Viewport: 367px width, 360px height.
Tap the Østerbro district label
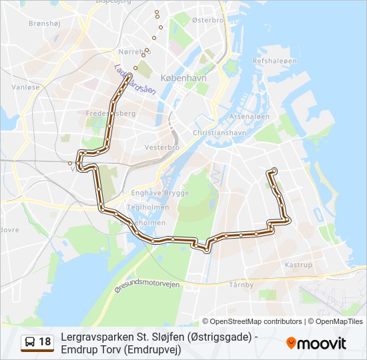click(x=208, y=21)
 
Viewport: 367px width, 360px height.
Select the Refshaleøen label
click(x=274, y=61)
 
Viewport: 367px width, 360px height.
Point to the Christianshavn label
click(x=215, y=133)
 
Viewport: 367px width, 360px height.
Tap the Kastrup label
click(x=298, y=265)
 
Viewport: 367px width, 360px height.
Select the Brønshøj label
click(x=45, y=23)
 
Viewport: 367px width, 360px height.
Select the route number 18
click(x=45, y=343)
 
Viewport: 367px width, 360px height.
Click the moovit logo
click(x=316, y=343)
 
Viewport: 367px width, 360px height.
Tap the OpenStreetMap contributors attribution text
click(x=256, y=321)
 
